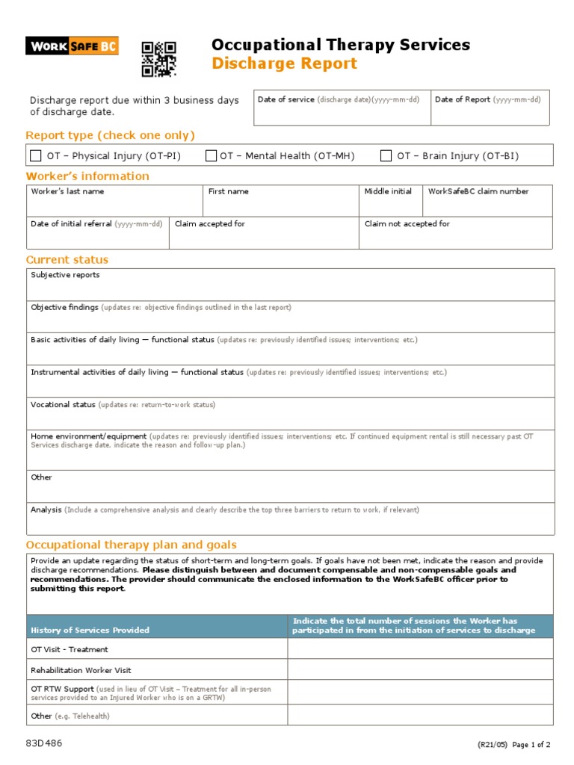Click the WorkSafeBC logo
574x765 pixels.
[x=72, y=46]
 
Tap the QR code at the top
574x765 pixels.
[x=158, y=59]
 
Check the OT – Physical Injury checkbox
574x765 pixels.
[x=36, y=155]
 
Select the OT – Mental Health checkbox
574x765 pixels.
[x=211, y=155]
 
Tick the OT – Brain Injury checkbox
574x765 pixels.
[x=386, y=155]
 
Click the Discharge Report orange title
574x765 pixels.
[x=284, y=64]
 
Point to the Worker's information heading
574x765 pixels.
[x=87, y=176]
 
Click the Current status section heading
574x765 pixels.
[x=67, y=260]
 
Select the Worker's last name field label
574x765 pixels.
[x=67, y=191]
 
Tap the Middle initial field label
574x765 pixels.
[x=388, y=191]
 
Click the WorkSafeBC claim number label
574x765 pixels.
[x=478, y=191]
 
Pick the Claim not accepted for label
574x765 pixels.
[x=407, y=223]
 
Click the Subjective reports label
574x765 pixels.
[x=65, y=275]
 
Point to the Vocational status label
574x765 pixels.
[x=63, y=404]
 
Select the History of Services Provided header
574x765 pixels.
[x=90, y=630]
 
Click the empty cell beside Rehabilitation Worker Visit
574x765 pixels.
[x=420, y=670]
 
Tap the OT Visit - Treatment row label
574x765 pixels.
[x=69, y=649]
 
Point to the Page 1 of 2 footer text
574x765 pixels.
[x=531, y=745]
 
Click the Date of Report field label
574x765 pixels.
[x=463, y=99]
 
